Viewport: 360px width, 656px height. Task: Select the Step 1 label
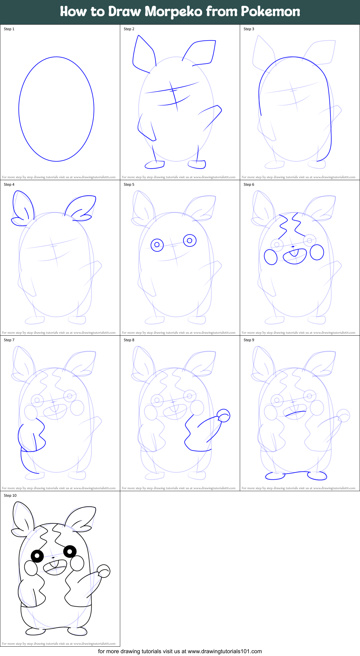pyautogui.click(x=9, y=29)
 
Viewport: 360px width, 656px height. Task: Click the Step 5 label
pyautogui.click(x=129, y=184)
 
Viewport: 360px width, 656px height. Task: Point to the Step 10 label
pyautogui.click(x=10, y=496)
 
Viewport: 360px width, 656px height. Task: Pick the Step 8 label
pyautogui.click(x=129, y=340)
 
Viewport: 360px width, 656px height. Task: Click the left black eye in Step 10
pyautogui.click(x=37, y=555)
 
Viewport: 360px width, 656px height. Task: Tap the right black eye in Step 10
pyautogui.click(x=70, y=552)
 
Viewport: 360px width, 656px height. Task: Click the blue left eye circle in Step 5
pyautogui.click(x=157, y=245)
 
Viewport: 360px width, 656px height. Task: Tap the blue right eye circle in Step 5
pyautogui.click(x=190, y=241)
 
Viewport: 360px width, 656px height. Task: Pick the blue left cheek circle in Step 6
pyautogui.click(x=271, y=257)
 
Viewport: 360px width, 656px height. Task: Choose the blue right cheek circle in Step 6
pyautogui.click(x=317, y=252)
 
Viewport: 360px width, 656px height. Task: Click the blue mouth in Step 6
pyautogui.click(x=295, y=256)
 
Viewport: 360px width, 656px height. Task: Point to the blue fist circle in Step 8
pyautogui.click(x=224, y=415)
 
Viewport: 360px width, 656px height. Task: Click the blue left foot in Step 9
pyautogui.click(x=275, y=476)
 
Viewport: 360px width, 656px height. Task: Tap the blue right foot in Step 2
pyautogui.click(x=197, y=164)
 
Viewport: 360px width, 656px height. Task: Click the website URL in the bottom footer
pyautogui.click(x=225, y=651)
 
